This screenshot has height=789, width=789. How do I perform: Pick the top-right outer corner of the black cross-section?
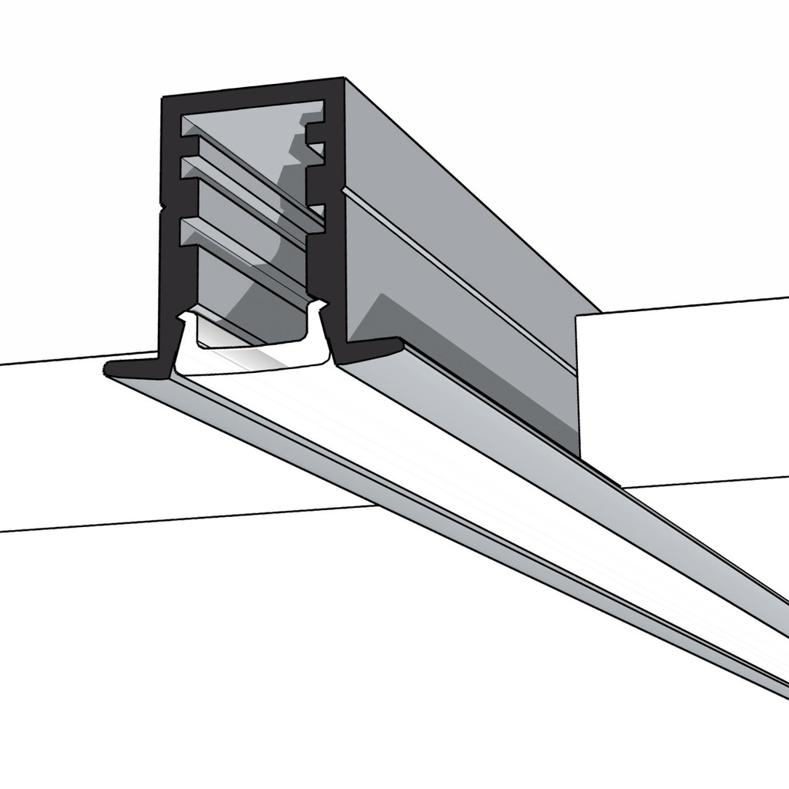(342, 79)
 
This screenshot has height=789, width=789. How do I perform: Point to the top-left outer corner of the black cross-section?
(163, 99)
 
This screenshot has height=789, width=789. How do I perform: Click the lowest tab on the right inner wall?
(316, 210)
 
